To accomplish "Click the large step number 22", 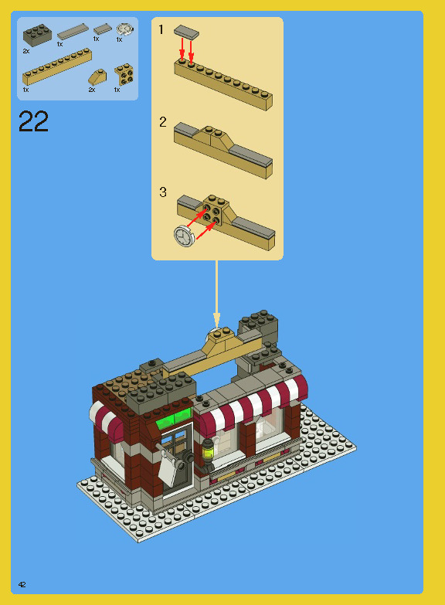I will (x=33, y=122).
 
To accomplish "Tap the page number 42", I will (x=22, y=585).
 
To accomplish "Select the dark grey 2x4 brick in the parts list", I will (x=36, y=36).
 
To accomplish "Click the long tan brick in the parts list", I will (x=57, y=66).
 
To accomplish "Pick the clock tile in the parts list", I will (x=124, y=29).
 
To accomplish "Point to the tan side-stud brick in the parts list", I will (x=123, y=75).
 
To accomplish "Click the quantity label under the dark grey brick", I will (x=25, y=50).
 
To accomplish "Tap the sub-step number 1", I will (x=161, y=29).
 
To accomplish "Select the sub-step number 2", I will (x=162, y=122).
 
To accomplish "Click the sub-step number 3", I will (x=162, y=192).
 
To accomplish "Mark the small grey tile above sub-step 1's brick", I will (x=186, y=32).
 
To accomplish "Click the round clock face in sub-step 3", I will (x=185, y=236).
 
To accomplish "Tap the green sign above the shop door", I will (x=174, y=420).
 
